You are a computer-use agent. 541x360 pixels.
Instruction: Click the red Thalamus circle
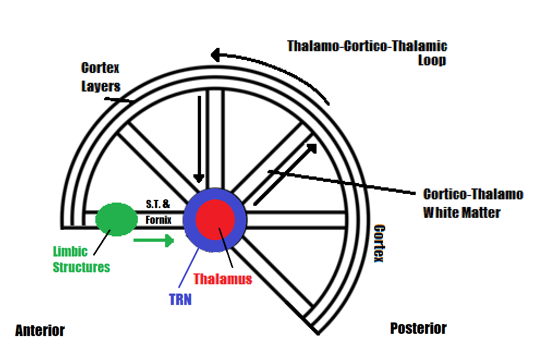click(215, 219)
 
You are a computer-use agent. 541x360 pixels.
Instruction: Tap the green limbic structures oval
click(116, 219)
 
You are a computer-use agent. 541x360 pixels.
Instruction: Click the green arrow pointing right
click(154, 240)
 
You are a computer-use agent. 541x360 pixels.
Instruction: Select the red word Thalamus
click(222, 279)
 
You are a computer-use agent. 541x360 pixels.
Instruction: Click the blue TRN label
click(180, 300)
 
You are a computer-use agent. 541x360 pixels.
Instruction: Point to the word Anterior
click(40, 331)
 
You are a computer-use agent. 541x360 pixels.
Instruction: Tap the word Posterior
click(418, 328)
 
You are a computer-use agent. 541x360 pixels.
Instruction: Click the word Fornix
click(159, 219)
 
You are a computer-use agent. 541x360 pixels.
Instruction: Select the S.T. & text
click(157, 204)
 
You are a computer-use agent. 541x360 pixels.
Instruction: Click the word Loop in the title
click(432, 60)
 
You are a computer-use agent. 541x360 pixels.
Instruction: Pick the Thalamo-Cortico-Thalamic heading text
click(367, 46)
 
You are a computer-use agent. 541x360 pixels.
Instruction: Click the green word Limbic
click(70, 252)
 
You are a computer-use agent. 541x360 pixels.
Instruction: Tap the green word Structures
click(81, 267)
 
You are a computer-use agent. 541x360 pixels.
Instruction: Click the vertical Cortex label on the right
click(379, 243)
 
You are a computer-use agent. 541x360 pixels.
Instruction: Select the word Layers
click(101, 86)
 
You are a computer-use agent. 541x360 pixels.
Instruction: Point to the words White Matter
click(461, 212)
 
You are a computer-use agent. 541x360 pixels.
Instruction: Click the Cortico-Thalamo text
click(473, 194)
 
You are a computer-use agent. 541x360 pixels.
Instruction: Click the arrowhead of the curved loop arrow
click(215, 55)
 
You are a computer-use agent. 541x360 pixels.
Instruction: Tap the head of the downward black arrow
click(199, 178)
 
